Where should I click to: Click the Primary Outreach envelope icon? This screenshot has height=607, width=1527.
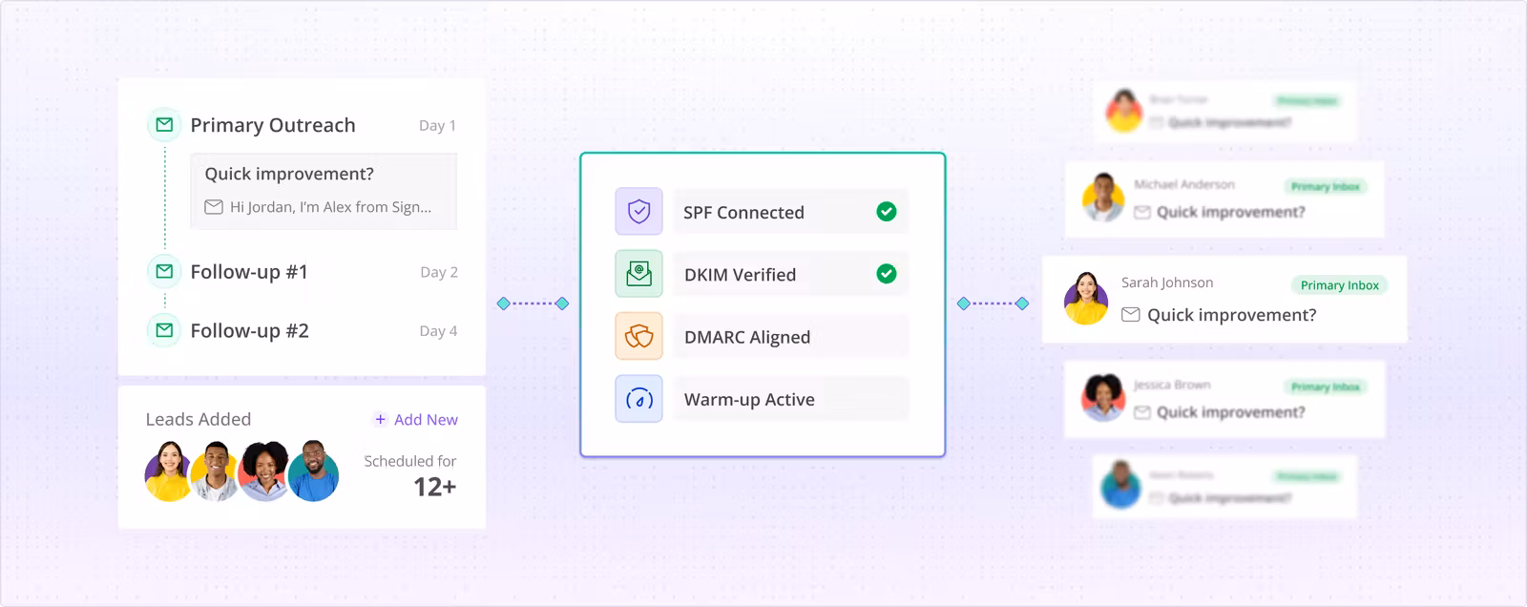click(164, 125)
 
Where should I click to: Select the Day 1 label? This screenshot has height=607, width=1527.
click(437, 126)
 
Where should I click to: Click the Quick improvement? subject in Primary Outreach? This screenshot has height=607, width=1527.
click(289, 174)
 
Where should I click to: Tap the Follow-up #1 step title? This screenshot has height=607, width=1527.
click(249, 272)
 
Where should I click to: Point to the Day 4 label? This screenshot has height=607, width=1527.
click(438, 331)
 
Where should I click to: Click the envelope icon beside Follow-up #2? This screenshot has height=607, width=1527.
click(164, 330)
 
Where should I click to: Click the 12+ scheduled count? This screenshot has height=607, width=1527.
click(434, 487)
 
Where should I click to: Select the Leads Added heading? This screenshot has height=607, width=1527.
click(199, 419)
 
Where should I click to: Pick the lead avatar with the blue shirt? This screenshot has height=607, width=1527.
click(313, 471)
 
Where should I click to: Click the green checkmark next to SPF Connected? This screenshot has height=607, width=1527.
click(887, 211)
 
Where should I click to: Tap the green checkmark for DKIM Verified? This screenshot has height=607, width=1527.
click(887, 274)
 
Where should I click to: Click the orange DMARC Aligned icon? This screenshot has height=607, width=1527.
click(638, 336)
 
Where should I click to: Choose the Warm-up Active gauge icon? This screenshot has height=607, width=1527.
click(638, 399)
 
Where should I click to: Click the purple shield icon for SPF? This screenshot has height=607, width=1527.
click(638, 211)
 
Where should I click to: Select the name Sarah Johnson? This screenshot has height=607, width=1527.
click(1167, 283)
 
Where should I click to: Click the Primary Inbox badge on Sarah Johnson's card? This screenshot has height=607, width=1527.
click(1339, 285)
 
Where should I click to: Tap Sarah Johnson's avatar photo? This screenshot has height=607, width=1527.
click(1086, 299)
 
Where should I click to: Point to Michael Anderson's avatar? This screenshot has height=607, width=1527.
click(1103, 198)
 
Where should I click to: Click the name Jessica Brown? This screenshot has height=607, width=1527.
click(1172, 385)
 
